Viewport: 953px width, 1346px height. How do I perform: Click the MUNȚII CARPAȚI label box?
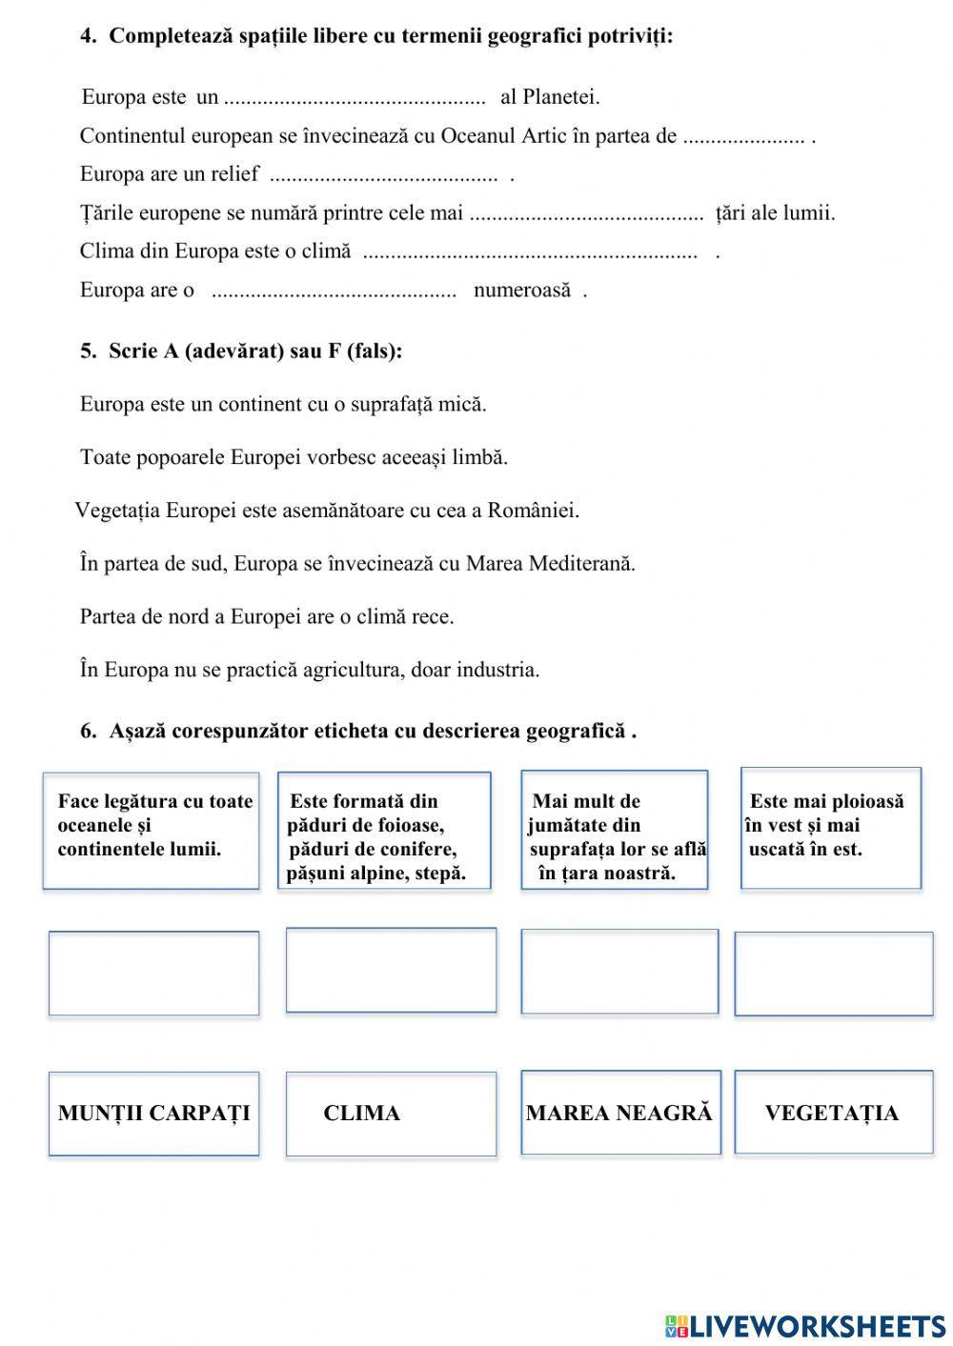[153, 1113]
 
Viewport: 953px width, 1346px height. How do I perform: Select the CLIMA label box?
[391, 1113]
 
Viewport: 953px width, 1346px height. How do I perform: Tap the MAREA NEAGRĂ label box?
[620, 1113]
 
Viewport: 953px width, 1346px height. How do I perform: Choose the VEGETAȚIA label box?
[833, 1112]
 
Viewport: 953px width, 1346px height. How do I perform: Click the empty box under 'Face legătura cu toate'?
[153, 973]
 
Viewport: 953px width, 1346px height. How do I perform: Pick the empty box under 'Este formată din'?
[391, 970]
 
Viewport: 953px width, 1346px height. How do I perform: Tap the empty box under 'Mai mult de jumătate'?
[619, 972]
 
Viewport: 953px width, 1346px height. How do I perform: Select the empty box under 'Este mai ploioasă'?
[833, 974]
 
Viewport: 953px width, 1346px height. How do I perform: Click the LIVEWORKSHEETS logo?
[805, 1325]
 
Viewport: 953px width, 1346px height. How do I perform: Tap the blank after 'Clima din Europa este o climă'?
[530, 253]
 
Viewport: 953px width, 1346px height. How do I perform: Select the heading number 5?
[88, 352]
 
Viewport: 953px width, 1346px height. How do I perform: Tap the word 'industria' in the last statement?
[497, 670]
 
